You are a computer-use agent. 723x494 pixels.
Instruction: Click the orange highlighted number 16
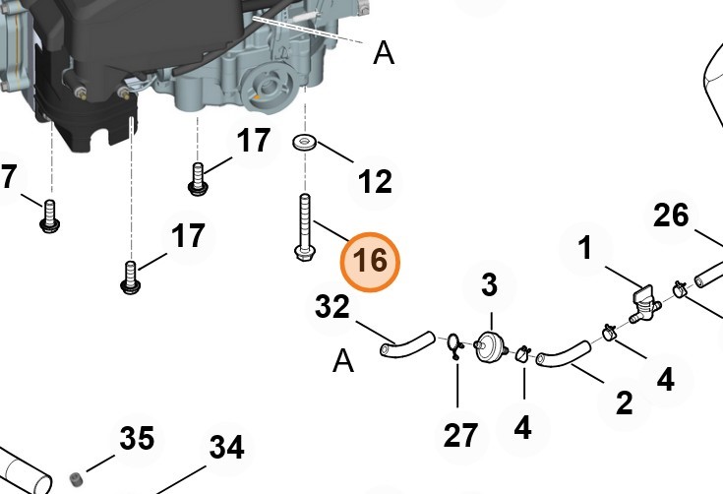(370, 262)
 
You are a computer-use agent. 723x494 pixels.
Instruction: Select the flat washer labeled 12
(304, 142)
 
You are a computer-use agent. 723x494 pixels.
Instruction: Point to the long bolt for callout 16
(304, 228)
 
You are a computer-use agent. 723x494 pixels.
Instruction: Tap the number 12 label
(375, 181)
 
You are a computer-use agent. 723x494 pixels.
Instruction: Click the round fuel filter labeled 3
(490, 346)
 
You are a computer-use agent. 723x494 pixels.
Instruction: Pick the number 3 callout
(489, 285)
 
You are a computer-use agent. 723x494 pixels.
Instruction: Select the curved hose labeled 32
(407, 345)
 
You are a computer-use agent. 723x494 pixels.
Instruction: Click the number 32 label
(332, 307)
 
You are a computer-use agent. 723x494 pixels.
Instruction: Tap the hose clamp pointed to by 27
(455, 344)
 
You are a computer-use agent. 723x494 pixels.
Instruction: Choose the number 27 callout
(460, 435)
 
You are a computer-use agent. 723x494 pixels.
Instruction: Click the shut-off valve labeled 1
(644, 305)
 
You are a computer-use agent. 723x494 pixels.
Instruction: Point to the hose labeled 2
(563, 354)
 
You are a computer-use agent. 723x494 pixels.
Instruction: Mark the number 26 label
(671, 215)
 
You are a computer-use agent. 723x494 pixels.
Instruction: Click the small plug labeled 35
(76, 479)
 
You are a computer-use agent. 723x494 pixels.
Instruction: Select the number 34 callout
(226, 447)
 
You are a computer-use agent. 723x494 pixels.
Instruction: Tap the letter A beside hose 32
(343, 361)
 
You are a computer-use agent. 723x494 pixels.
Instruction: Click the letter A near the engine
(384, 53)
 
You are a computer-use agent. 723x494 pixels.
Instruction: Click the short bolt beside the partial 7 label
(50, 216)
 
